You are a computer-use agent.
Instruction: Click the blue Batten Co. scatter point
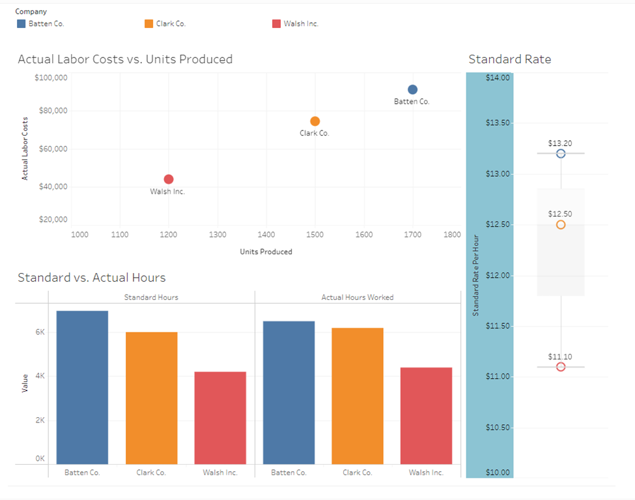(x=412, y=90)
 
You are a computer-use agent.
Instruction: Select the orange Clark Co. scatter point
(x=315, y=121)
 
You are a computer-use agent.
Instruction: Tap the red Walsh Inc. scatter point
(x=169, y=179)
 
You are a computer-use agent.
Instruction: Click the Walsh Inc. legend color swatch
(x=276, y=24)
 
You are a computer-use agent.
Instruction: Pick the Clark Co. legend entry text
(x=171, y=24)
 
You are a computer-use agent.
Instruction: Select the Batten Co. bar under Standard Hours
(x=82, y=387)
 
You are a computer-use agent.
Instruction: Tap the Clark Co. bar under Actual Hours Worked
(x=358, y=396)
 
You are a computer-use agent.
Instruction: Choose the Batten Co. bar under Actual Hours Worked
(x=289, y=392)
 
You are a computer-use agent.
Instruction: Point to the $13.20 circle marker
(x=561, y=154)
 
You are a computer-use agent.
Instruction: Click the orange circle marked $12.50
(x=561, y=225)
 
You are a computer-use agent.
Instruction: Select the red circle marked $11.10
(x=561, y=367)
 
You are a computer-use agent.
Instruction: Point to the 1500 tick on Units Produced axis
(x=315, y=235)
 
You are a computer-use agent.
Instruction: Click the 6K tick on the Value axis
(x=40, y=332)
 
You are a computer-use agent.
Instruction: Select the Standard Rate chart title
(x=509, y=59)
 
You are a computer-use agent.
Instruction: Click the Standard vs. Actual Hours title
(x=91, y=278)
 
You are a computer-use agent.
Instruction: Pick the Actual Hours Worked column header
(x=357, y=297)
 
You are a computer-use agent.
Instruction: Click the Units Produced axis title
(x=266, y=252)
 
